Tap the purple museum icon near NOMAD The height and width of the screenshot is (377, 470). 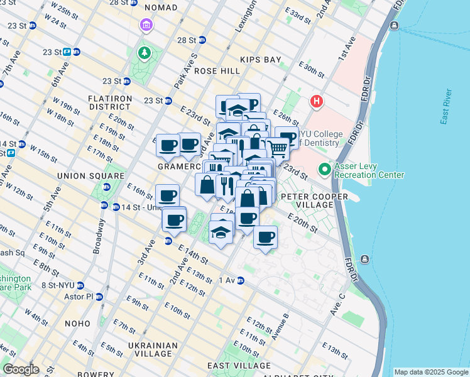[x=146, y=26]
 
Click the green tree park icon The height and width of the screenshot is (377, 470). [x=145, y=52]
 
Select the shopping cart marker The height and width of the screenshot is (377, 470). [x=277, y=148]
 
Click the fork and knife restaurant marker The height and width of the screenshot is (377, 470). [x=225, y=184]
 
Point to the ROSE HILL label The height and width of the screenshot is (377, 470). [x=217, y=71]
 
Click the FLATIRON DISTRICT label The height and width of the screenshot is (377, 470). [x=110, y=102]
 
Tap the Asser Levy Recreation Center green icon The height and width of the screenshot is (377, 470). [x=325, y=169]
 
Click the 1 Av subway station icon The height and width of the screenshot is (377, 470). [x=241, y=280]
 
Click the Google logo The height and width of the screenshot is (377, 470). [x=21, y=369]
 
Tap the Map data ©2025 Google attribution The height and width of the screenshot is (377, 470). [x=430, y=372]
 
